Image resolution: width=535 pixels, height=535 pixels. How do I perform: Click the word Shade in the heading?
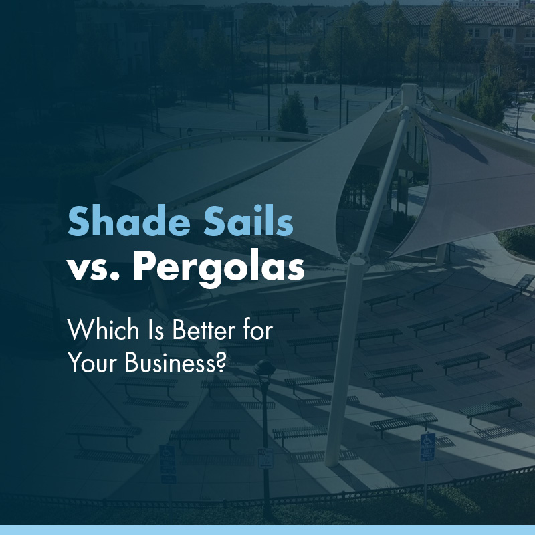coord(118,221)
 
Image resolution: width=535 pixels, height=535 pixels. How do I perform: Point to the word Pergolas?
coord(218,267)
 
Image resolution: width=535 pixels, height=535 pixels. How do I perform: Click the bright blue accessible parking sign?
coord(427,447)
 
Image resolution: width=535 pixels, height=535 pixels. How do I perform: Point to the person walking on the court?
coord(316,102)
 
